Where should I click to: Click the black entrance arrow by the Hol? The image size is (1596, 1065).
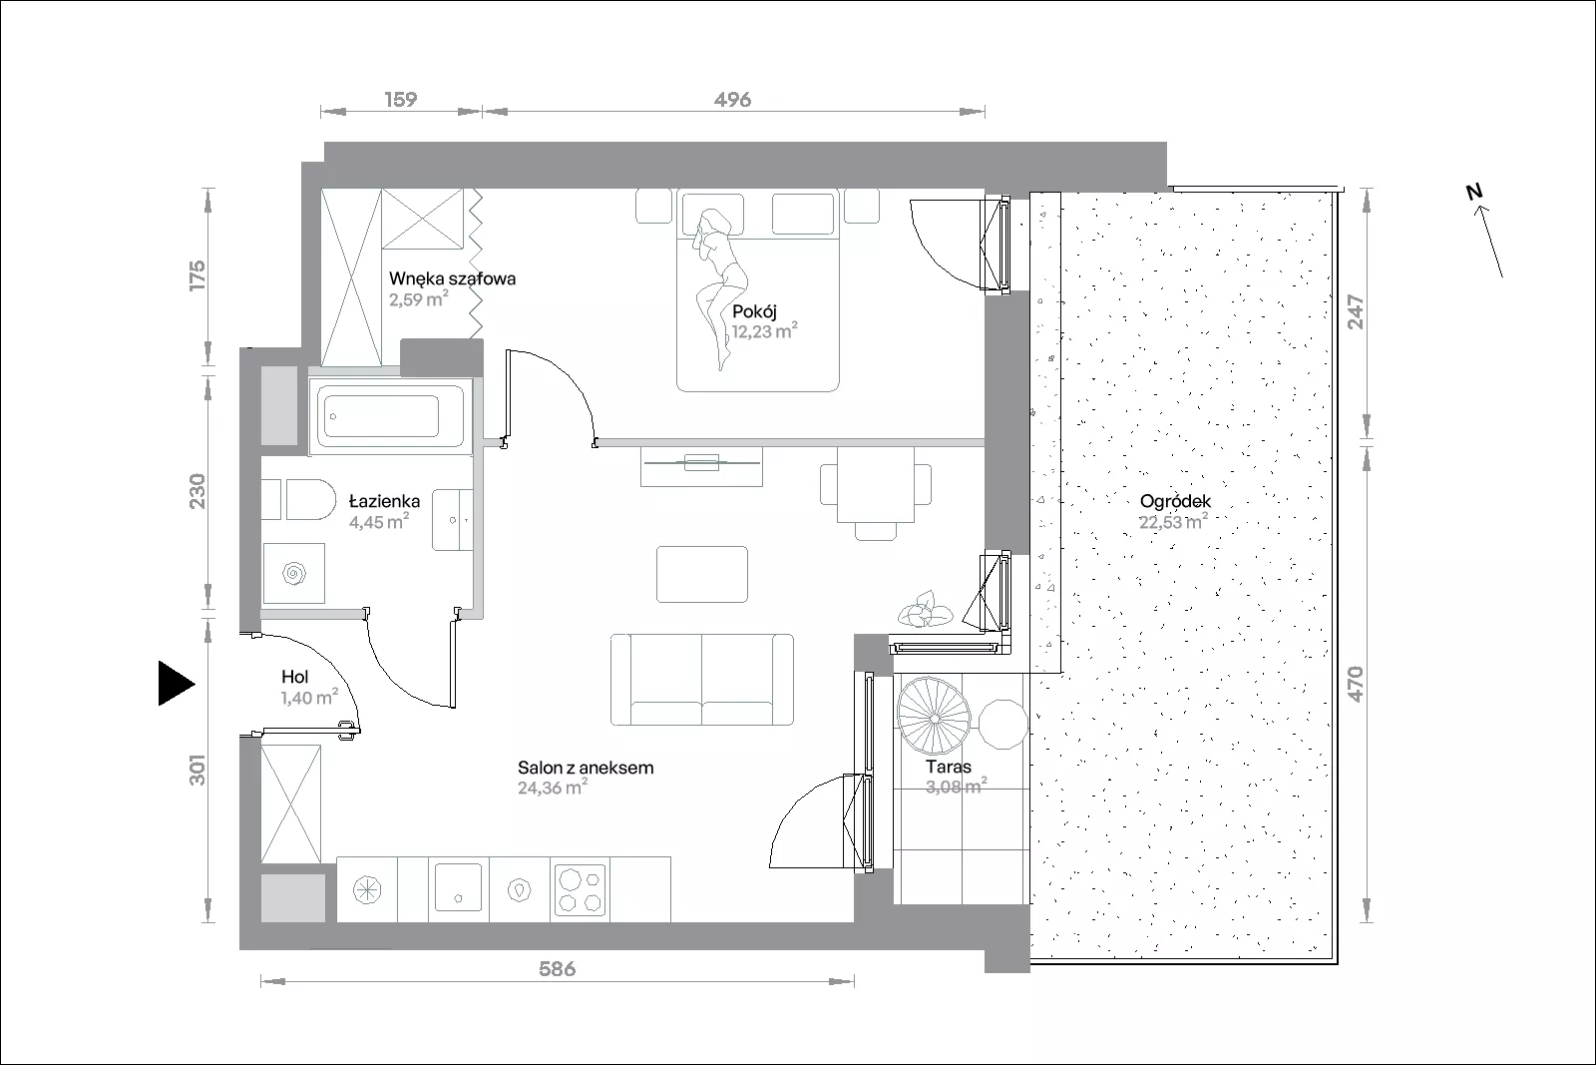click(175, 683)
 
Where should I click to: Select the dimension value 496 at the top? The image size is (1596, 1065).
click(732, 99)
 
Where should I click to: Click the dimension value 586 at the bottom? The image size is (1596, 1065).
click(557, 969)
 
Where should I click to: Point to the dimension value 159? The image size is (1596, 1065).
click(400, 99)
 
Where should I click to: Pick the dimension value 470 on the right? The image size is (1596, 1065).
click(1356, 684)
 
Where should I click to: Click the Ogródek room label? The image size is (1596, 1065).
click(1175, 501)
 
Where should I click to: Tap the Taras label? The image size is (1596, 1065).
click(949, 767)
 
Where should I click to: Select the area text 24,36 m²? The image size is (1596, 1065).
click(553, 787)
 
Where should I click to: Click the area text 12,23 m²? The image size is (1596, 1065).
click(764, 330)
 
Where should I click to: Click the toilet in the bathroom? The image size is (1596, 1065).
click(310, 499)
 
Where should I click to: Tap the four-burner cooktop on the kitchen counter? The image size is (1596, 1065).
click(580, 889)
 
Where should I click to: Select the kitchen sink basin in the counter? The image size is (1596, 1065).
click(458, 887)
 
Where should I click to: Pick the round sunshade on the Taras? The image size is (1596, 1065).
click(934, 716)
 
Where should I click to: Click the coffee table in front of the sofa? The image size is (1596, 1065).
click(702, 574)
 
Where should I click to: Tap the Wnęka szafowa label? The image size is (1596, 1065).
click(453, 278)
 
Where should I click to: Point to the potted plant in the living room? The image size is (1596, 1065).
click(925, 610)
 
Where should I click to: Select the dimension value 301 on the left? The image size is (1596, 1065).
click(198, 770)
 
